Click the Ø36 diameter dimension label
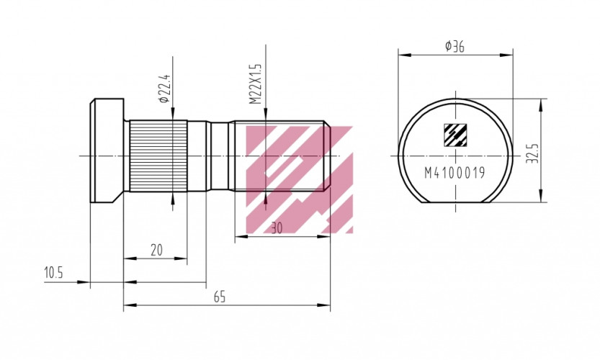[455, 46]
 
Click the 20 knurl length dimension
[156, 250]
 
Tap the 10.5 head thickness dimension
[53, 273]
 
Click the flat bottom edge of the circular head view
[456, 202]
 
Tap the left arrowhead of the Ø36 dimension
[403, 54]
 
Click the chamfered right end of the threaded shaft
[327, 155]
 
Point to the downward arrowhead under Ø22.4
[173, 115]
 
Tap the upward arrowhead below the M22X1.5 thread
[267, 196]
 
